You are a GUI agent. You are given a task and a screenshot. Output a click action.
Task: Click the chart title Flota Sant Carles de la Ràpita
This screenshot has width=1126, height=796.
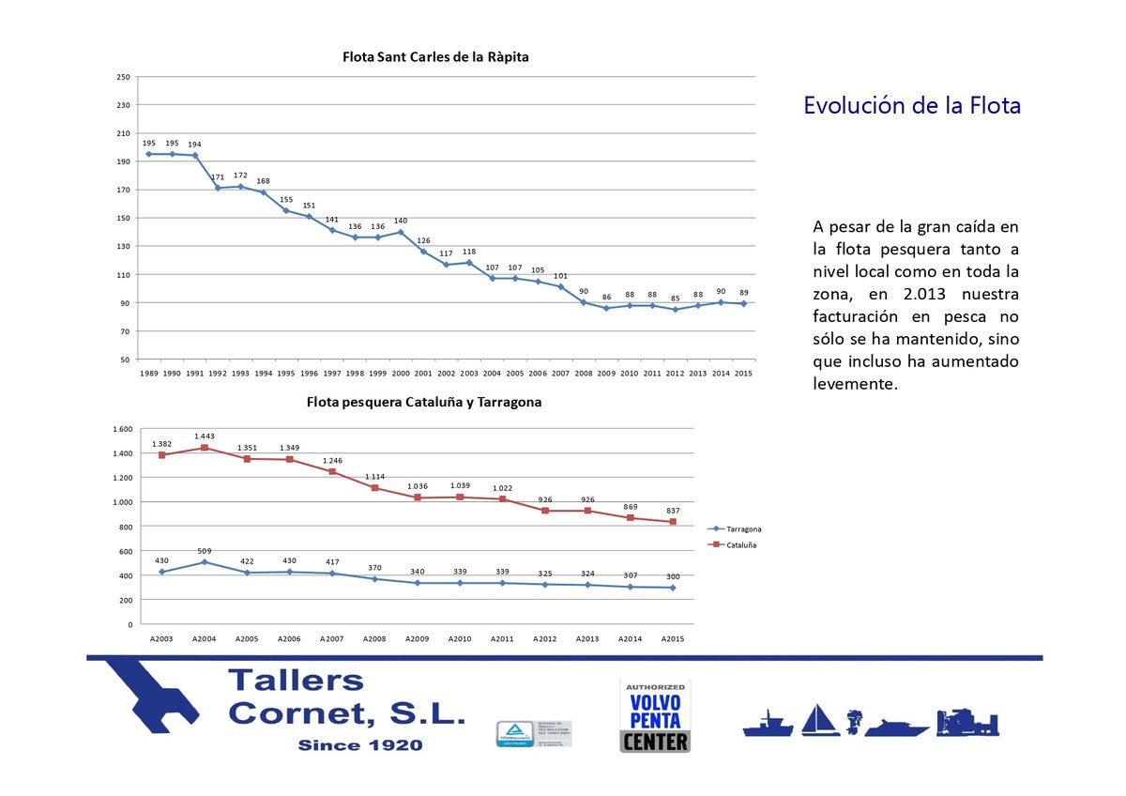pyautogui.click(x=435, y=57)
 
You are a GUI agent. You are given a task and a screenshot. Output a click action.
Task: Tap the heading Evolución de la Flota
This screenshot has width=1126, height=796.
pyautogui.click(x=911, y=105)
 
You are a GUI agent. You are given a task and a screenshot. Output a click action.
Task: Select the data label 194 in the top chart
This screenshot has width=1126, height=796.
pyautogui.click(x=194, y=145)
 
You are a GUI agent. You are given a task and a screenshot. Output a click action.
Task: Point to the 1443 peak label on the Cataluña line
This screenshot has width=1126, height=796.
pyautogui.click(x=205, y=436)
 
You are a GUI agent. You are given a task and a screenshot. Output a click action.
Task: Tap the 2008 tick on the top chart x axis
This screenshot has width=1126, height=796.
pyautogui.click(x=584, y=373)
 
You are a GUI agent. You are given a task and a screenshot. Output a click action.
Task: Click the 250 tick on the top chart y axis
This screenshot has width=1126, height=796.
pyautogui.click(x=123, y=77)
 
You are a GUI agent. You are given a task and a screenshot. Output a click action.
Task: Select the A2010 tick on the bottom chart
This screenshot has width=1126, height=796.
pyautogui.click(x=460, y=639)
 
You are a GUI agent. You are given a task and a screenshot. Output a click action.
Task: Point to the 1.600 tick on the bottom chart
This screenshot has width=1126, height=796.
pyautogui.click(x=122, y=429)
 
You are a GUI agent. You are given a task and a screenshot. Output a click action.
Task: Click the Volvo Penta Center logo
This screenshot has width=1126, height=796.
pyautogui.click(x=655, y=715)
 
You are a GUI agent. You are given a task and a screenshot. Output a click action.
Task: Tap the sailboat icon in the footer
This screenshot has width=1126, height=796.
pyautogui.click(x=820, y=721)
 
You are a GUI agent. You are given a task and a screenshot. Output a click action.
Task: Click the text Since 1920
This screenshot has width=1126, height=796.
pyautogui.click(x=359, y=745)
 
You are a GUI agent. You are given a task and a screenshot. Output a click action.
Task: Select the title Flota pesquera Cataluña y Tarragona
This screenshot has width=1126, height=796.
pyautogui.click(x=424, y=403)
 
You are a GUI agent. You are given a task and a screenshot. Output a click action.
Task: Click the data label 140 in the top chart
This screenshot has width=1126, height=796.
pyautogui.click(x=401, y=221)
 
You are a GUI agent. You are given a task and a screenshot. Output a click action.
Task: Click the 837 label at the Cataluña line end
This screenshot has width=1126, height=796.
pyautogui.click(x=673, y=511)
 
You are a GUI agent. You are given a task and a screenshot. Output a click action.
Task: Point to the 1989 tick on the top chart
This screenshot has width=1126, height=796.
pyautogui.click(x=148, y=373)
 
